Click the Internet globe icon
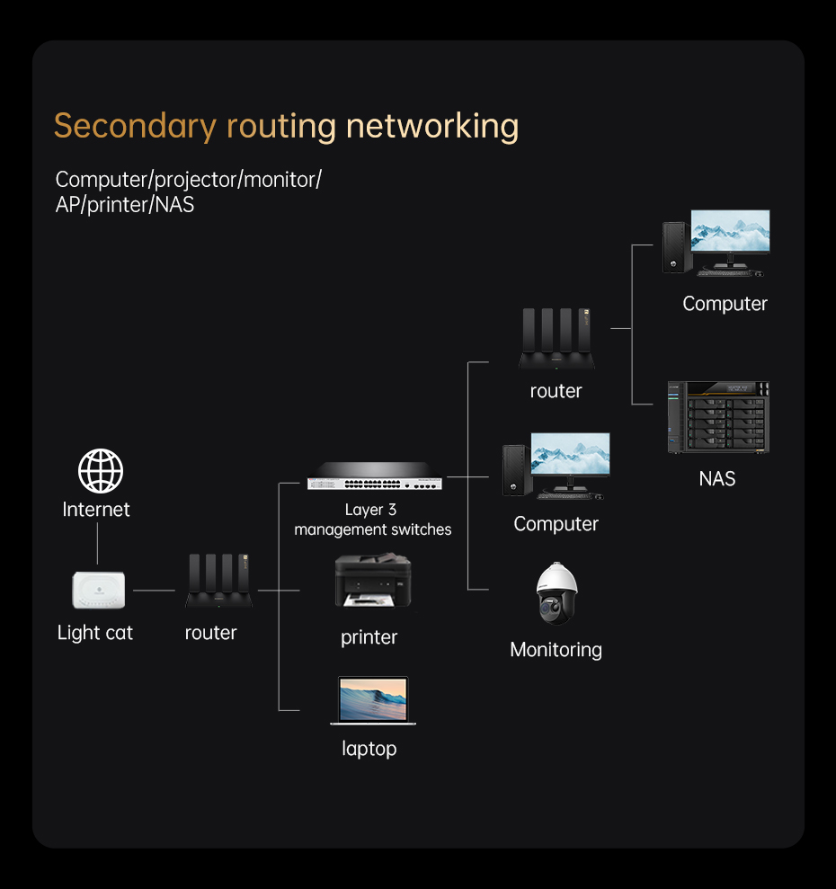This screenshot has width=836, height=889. coord(100,471)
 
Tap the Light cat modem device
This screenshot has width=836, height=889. coord(99,590)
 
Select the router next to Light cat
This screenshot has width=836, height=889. coord(219,583)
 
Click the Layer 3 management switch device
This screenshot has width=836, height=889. coord(375,476)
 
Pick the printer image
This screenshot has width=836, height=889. coord(372,581)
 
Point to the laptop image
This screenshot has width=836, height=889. coord(372,700)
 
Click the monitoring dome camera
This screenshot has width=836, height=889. coord(556,594)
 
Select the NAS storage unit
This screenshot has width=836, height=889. coord(717,417)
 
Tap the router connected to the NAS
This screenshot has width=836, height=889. coord(557,340)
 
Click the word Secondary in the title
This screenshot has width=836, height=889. coord(135,126)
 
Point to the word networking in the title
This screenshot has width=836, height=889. coord(431,126)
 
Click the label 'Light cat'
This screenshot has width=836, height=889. coord(94,633)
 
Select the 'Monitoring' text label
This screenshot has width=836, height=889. coord(556,649)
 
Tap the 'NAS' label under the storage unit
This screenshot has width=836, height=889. coord(717,479)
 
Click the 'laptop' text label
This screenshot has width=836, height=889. coord(369,748)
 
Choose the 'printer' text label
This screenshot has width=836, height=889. coord(369,637)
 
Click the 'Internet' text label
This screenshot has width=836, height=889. coord(96,510)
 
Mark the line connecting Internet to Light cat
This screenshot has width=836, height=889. coord(97,544)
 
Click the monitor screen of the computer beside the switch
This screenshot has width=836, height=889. coord(570,454)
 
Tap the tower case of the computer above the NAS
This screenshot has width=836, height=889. coord(675,246)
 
